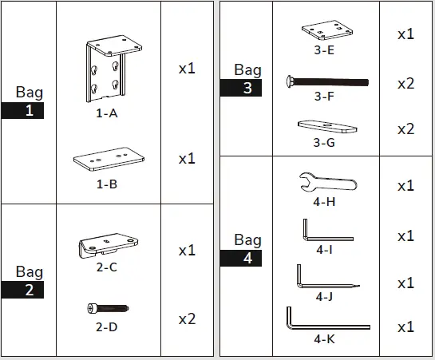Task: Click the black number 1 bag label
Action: [x=29, y=111]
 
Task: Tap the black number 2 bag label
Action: [x=29, y=290]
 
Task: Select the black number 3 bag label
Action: [x=247, y=88]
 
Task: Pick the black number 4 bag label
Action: [x=247, y=258]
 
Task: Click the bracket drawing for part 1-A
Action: [x=106, y=69]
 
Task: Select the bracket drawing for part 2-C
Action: [x=105, y=245]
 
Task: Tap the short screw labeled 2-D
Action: [x=107, y=308]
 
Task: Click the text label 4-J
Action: [x=323, y=297]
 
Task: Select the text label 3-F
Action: [x=323, y=97]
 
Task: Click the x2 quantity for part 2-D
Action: [x=187, y=319]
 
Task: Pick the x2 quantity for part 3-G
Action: [x=405, y=129]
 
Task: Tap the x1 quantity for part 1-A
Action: [x=187, y=69]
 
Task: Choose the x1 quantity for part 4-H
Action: [x=405, y=186]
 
